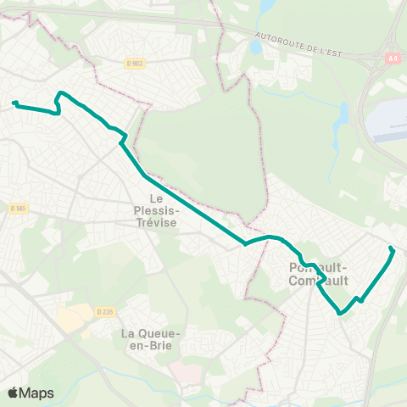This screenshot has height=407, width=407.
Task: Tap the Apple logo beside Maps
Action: (x=14, y=393)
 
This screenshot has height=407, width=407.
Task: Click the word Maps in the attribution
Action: (x=37, y=393)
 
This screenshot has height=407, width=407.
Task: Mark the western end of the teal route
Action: (x=14, y=103)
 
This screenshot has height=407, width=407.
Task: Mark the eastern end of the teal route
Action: (x=391, y=248)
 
